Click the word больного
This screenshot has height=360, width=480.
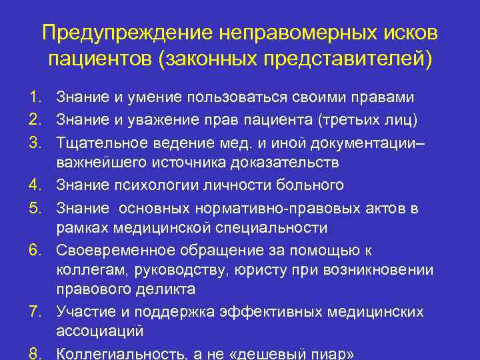312,185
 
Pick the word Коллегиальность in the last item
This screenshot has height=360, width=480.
113,353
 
